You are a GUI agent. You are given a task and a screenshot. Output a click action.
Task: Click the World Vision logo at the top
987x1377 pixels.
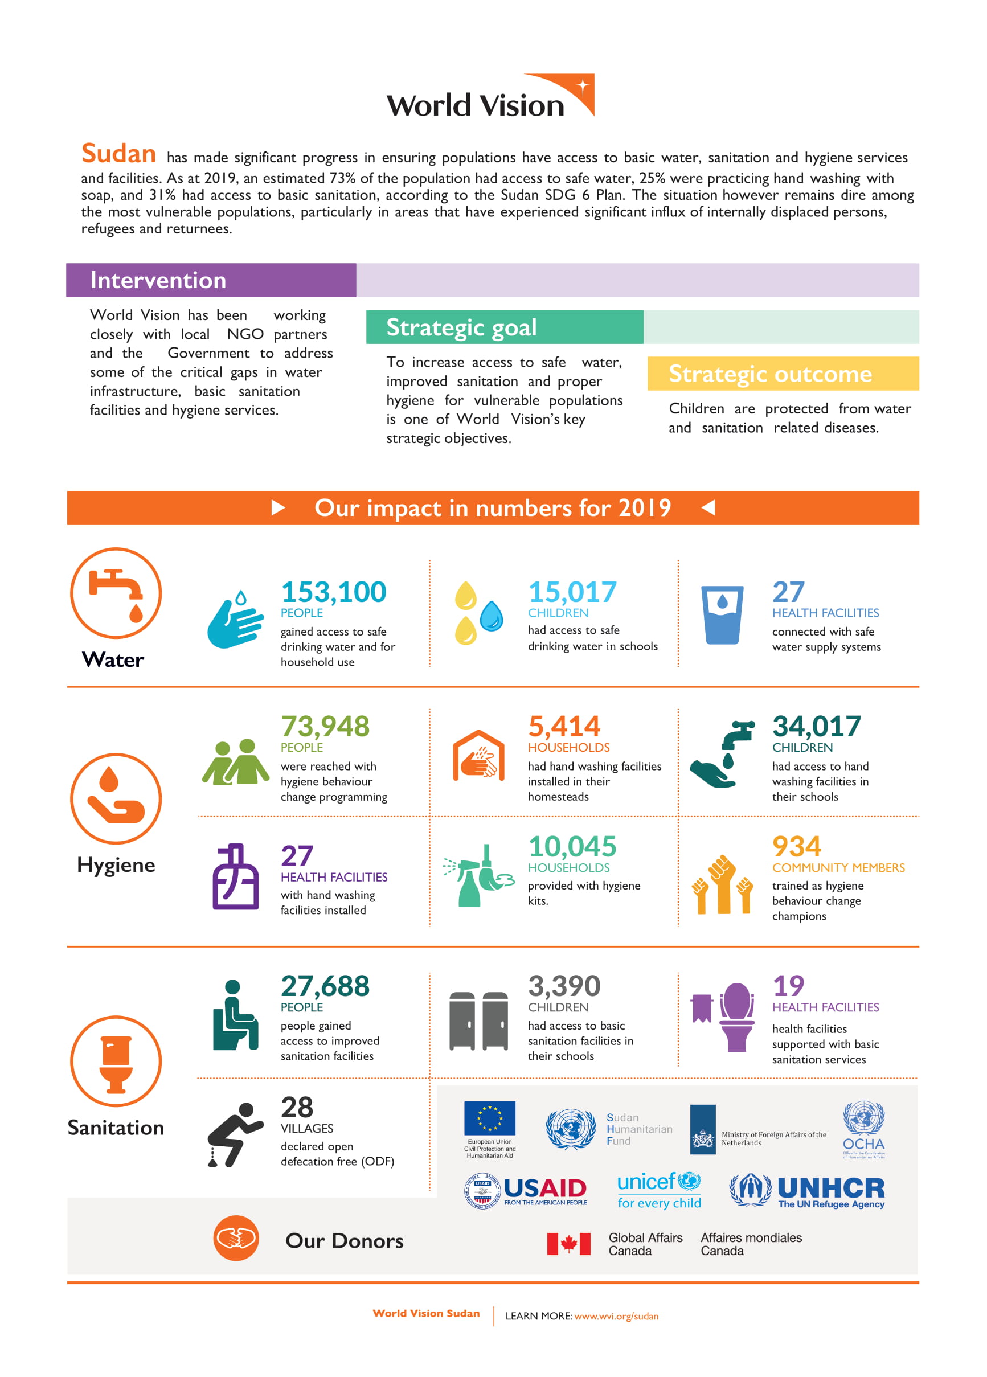[x=490, y=97]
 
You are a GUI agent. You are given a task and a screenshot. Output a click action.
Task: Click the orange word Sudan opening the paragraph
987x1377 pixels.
[x=118, y=154]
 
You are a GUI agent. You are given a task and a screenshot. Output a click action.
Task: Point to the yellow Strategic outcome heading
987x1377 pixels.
[x=769, y=374]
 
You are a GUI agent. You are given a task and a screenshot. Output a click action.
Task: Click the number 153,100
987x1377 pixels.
[x=333, y=592]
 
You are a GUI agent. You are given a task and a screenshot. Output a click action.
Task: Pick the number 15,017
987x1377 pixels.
[x=572, y=592]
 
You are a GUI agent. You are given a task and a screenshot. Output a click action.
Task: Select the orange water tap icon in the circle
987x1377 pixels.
[x=116, y=593]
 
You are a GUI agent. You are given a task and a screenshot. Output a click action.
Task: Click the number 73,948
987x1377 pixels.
[x=325, y=726]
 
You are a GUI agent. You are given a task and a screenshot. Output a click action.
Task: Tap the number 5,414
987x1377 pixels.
[x=564, y=726]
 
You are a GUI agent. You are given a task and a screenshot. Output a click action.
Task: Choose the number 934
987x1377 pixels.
[x=796, y=846]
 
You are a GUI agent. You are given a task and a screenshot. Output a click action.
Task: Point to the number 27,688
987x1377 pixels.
[x=325, y=986]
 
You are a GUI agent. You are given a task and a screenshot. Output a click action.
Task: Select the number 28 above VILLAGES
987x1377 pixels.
[x=297, y=1108]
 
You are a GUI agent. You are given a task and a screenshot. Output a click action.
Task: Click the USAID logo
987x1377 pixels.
[x=526, y=1191]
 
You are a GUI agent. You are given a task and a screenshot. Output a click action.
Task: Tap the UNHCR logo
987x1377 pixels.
[x=807, y=1191]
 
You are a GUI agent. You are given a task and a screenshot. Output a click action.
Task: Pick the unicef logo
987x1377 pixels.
[x=659, y=1191]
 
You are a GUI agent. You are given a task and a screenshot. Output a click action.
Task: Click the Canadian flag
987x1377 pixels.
[x=568, y=1244]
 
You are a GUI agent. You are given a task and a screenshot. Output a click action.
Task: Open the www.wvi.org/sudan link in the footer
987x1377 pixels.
[x=616, y=1316]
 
